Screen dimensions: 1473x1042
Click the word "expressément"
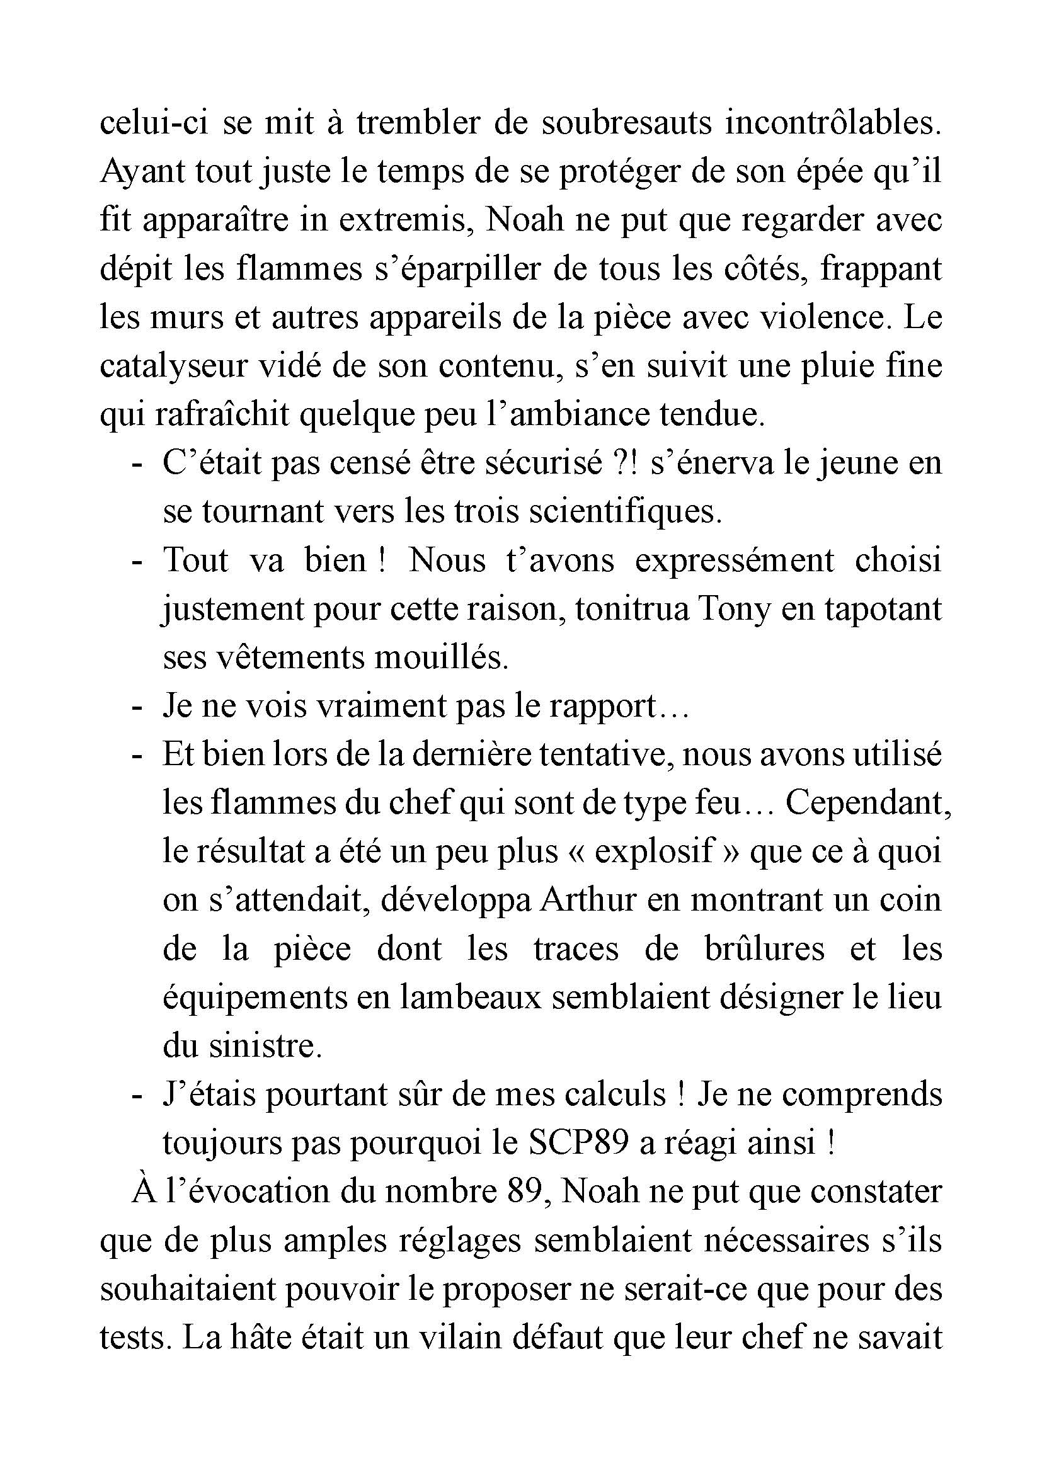735,560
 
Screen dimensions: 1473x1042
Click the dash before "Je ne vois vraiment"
136,707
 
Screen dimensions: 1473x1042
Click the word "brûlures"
764,949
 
